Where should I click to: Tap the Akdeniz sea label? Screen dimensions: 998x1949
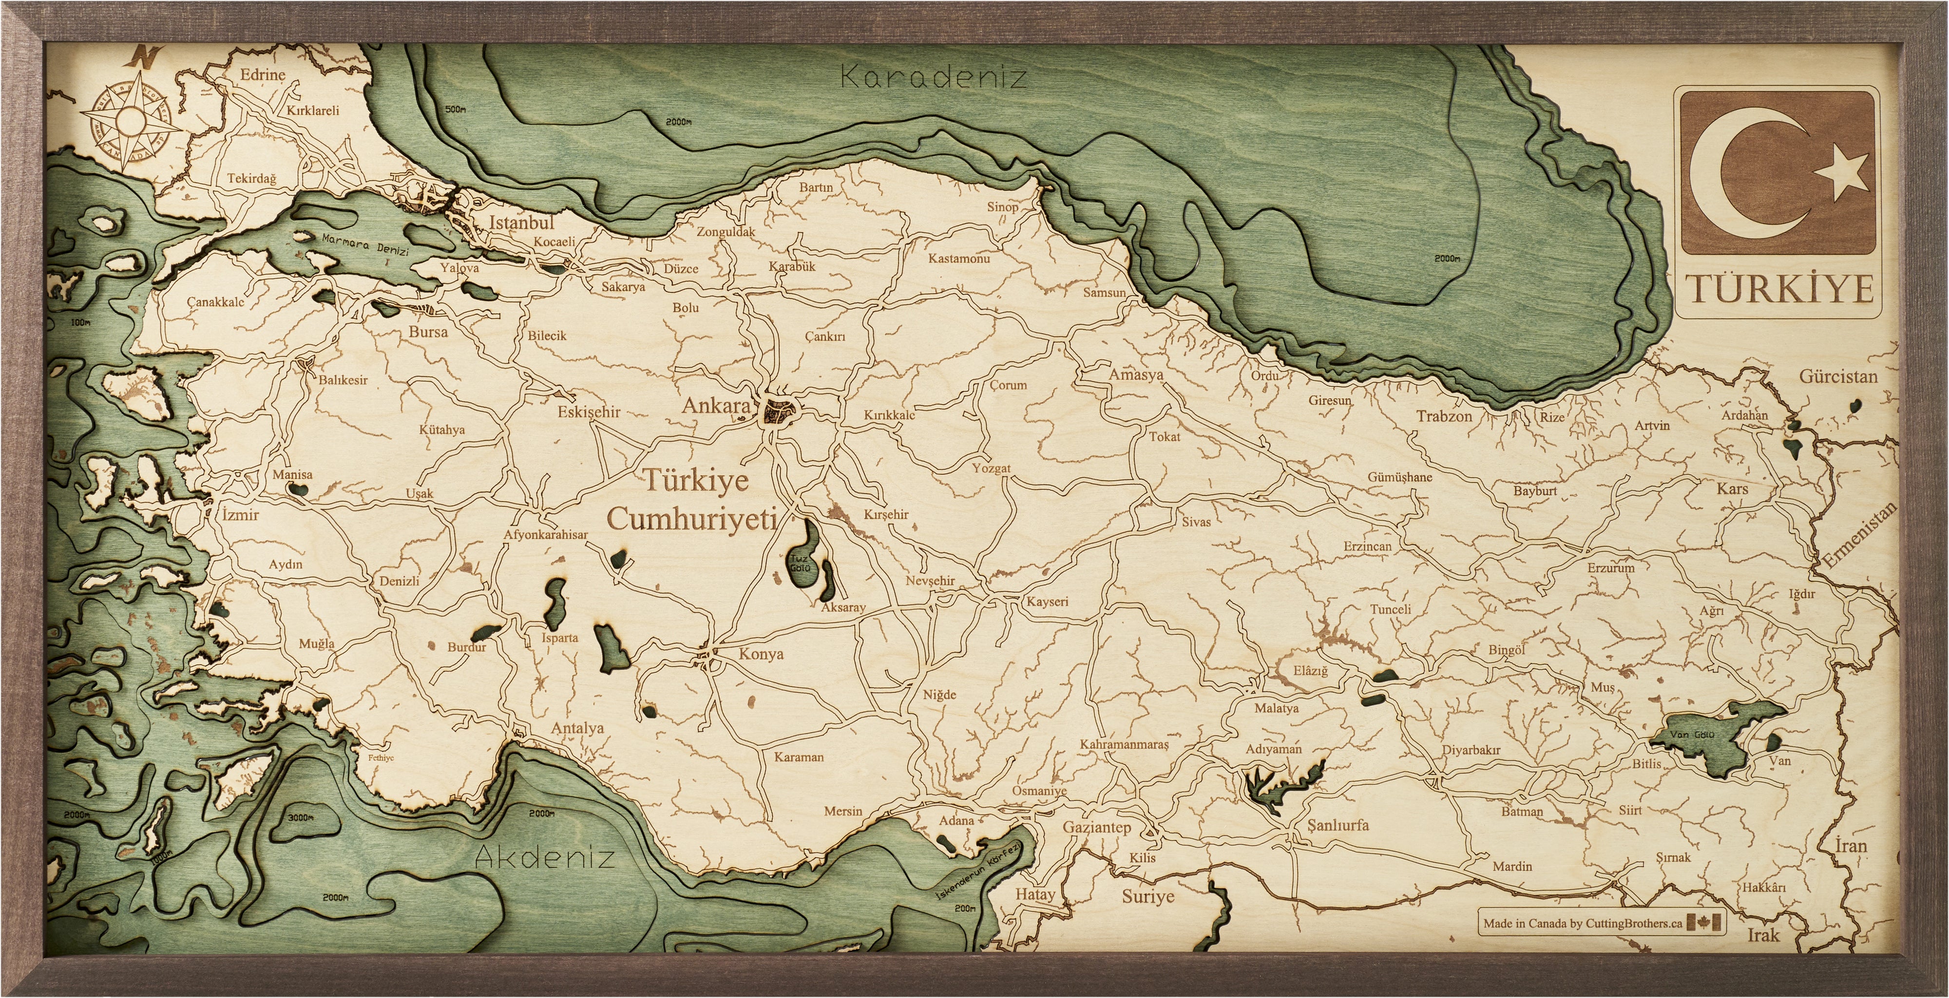[x=544, y=857]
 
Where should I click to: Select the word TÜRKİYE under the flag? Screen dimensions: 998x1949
[x=1780, y=289]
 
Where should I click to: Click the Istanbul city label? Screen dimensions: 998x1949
[x=521, y=222]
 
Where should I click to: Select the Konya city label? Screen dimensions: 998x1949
[x=761, y=654]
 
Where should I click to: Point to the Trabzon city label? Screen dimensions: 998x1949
[x=1444, y=416]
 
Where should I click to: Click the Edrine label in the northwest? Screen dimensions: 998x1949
[x=263, y=75]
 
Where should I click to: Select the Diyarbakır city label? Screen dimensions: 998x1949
[x=1470, y=750]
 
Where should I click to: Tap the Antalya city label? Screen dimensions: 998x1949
[x=577, y=728]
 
